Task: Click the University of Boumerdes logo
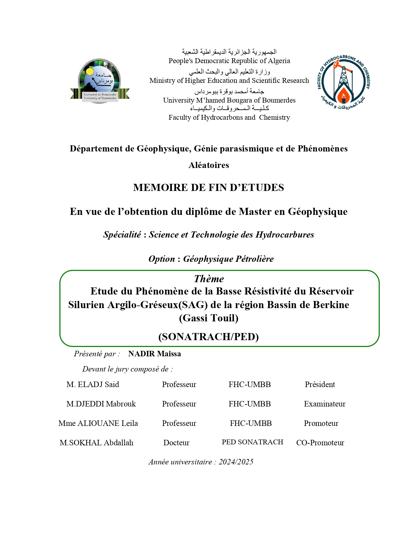pos(100,81)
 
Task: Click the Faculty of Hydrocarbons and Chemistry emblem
pos(343,82)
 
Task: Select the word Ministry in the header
pos(162,81)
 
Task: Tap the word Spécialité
pos(122,235)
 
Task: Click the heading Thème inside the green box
pos(209,279)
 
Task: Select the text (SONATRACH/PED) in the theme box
pos(208,337)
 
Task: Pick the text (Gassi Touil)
pos(209,318)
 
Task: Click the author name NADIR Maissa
pos(154,354)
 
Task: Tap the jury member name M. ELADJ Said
pos(93,384)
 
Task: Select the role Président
pos(320,384)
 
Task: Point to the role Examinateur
pos(324,404)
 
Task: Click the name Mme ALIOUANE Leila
pos(98,423)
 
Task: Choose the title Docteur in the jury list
pos(176,443)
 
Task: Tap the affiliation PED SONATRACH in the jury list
pos(252,442)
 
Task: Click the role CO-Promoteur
pos(320,443)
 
